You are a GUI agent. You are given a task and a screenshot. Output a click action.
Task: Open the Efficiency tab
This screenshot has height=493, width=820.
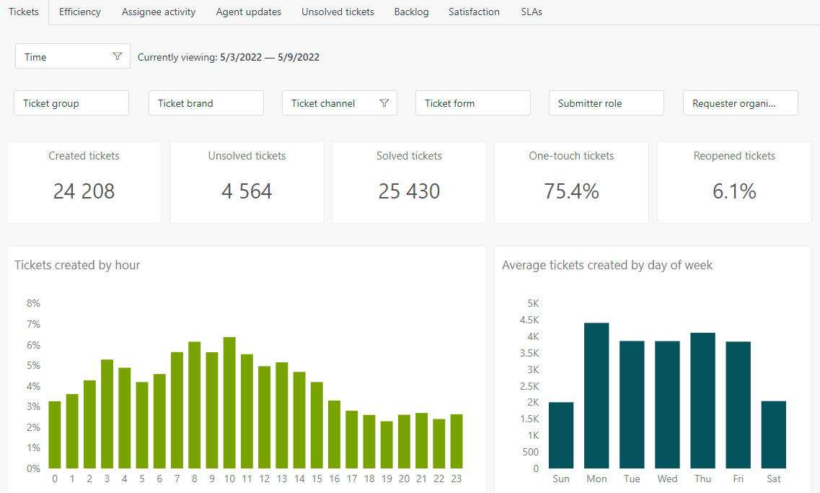click(x=79, y=12)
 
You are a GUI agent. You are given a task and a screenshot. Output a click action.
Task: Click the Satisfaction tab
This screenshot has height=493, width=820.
click(x=474, y=12)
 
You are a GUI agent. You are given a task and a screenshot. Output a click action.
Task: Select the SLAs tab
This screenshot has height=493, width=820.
click(x=532, y=12)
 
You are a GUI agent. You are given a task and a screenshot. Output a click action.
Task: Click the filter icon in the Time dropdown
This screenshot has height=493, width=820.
click(x=118, y=57)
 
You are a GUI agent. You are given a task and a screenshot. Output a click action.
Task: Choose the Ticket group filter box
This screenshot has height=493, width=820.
click(x=71, y=103)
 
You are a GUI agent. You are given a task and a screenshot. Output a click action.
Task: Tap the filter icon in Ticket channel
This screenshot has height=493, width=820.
click(x=384, y=103)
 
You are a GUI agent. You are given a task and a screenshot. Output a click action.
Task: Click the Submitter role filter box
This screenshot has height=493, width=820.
click(x=606, y=103)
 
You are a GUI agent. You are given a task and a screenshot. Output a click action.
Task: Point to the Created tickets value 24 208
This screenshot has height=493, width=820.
click(x=84, y=191)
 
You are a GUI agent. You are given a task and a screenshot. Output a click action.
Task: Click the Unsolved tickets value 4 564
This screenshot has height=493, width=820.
click(x=247, y=191)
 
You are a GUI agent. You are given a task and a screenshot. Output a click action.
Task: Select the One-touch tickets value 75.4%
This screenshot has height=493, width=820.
click(x=571, y=191)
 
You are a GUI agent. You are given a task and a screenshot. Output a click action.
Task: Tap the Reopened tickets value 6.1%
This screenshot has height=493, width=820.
click(x=734, y=191)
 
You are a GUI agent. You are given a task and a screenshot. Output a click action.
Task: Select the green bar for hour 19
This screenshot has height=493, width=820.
click(x=387, y=445)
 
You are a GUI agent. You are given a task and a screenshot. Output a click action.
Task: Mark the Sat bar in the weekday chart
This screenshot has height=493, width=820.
click(x=774, y=435)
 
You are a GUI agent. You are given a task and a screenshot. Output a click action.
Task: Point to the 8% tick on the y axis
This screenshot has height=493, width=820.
click(x=32, y=303)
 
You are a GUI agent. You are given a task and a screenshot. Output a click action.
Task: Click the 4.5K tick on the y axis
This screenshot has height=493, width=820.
click(x=528, y=320)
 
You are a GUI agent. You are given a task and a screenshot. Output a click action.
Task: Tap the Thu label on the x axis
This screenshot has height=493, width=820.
click(x=702, y=479)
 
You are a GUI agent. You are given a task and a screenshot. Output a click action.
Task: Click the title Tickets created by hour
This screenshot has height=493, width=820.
click(x=77, y=265)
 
